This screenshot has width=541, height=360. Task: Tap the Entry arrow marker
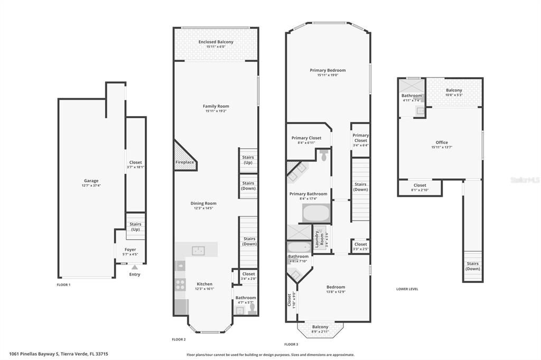click(x=135, y=268)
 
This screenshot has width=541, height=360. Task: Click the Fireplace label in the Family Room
click(x=184, y=162)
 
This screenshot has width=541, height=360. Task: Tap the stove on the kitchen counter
click(x=180, y=285)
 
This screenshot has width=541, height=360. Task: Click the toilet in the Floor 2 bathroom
click(x=252, y=307)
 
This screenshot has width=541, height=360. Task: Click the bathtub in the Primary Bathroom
click(x=316, y=213)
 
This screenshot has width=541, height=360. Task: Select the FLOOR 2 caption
click(x=179, y=339)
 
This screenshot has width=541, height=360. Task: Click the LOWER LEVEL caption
click(x=407, y=289)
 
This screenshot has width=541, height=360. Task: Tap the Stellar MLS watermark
click(x=525, y=180)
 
